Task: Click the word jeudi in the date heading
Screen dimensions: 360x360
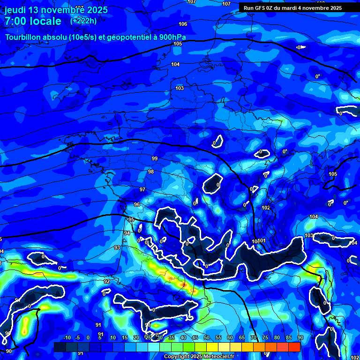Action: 15,10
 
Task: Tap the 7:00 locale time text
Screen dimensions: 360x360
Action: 33,21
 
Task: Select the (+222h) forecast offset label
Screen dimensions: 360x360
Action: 83,21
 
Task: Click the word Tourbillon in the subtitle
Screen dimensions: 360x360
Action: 23,37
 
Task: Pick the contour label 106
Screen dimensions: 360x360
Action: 183,24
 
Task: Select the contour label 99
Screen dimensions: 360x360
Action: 155,158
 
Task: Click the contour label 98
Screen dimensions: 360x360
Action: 151,172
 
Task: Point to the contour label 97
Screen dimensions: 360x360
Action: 142,189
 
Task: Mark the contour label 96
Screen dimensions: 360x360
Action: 137,205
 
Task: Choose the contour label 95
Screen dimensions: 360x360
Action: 131,220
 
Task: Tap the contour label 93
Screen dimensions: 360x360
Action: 117,247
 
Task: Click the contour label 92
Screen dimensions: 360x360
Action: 107,281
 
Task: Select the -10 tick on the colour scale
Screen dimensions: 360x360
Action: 67,338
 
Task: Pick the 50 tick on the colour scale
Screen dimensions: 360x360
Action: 207,338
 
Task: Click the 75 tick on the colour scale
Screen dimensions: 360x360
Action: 265,338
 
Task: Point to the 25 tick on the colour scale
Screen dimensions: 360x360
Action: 148,338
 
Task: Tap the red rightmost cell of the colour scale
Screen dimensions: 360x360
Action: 294,347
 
